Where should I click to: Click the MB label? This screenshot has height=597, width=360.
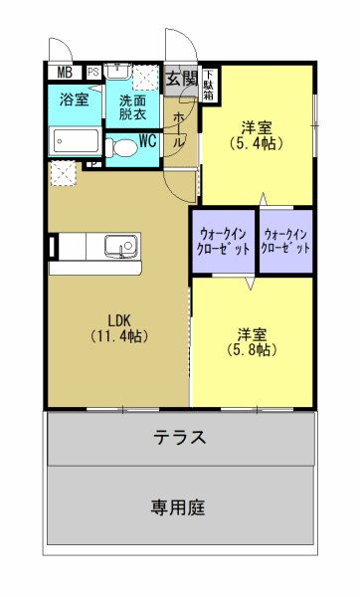pyautogui.click(x=64, y=72)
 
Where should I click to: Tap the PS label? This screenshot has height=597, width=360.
pyautogui.click(x=92, y=72)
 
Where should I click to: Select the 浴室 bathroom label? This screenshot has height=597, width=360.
pyautogui.click(x=74, y=99)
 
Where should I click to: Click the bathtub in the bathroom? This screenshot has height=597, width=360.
pyautogui.click(x=75, y=141)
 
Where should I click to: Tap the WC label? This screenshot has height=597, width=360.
pyautogui.click(x=147, y=139)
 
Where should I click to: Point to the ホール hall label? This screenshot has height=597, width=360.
pyautogui.click(x=178, y=129)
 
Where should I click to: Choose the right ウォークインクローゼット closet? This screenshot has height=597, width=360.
pyautogui.click(x=286, y=240)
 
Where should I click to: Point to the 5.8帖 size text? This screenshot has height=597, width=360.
pyautogui.click(x=251, y=349)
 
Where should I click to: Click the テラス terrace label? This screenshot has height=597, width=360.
pyautogui.click(x=180, y=437)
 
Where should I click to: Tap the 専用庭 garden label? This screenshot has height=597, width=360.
pyautogui.click(x=179, y=506)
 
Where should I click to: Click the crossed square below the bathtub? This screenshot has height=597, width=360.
pyautogui.click(x=65, y=172)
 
